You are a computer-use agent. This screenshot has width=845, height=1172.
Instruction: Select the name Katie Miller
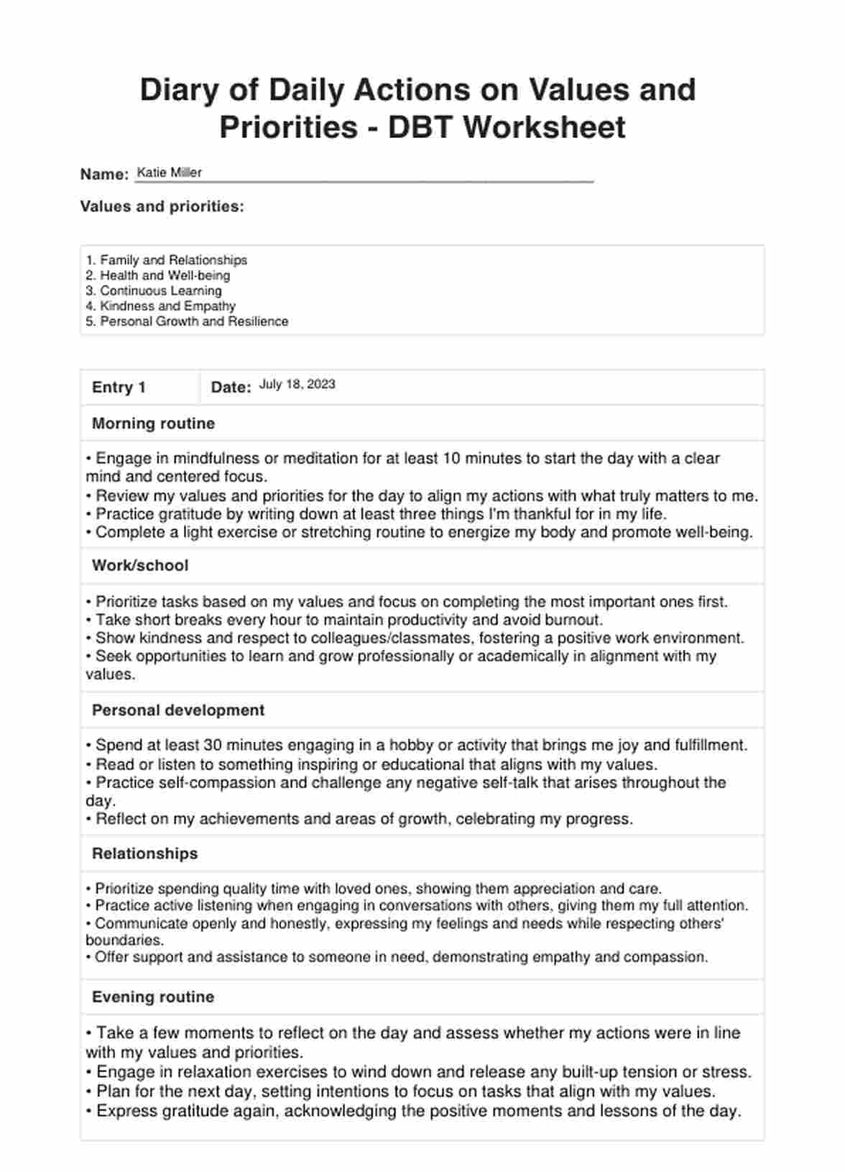[169, 173]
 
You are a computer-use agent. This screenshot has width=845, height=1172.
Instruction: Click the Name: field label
[104, 174]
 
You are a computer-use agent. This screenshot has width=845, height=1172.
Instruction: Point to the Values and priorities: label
[162, 207]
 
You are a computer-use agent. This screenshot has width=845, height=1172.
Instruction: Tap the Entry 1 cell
[119, 388]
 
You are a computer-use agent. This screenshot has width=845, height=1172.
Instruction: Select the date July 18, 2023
[297, 385]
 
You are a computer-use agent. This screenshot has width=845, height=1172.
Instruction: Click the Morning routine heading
[153, 424]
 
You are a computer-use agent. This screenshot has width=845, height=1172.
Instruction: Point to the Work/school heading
[140, 566]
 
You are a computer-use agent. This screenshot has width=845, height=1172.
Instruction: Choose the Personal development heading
[178, 710]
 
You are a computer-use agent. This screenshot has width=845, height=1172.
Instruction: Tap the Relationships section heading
[144, 853]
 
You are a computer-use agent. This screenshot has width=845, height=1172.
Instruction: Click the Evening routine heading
[153, 997]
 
